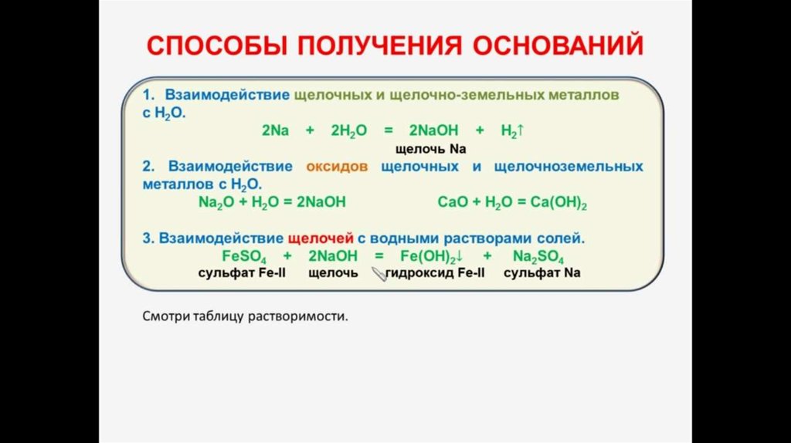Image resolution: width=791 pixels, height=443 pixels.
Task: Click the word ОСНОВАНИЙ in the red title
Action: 558,46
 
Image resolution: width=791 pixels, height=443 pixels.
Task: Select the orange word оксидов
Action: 337,166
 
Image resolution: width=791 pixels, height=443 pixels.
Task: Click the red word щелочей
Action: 321,238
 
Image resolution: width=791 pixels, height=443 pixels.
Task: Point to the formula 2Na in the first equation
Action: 276,130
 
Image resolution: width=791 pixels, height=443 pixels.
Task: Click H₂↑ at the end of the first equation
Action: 513,131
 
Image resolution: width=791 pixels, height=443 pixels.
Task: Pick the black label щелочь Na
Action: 431,149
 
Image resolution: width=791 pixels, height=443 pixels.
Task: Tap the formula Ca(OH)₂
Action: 552,203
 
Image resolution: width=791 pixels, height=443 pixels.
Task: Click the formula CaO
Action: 453,202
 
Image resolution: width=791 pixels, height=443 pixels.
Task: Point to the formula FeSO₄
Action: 244,256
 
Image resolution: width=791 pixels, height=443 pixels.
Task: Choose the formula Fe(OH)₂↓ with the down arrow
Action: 431,256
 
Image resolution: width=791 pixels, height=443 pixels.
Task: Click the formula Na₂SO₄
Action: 538,256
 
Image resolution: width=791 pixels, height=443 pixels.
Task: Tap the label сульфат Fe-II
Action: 242,272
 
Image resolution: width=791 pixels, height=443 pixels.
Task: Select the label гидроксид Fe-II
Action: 435,272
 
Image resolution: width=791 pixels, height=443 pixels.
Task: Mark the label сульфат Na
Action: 541,272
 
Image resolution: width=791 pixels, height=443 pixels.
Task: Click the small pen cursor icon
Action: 379,274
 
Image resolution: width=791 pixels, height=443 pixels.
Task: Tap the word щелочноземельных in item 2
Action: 569,166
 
